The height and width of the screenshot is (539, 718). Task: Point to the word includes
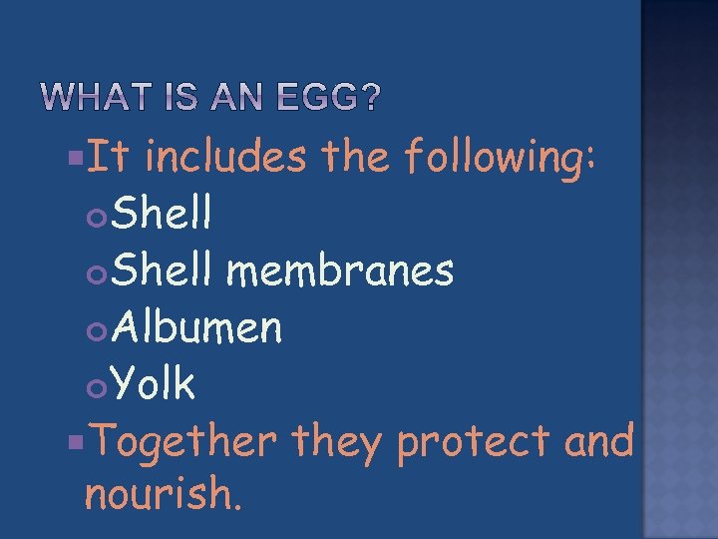tap(228, 157)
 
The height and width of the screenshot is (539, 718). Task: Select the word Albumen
tap(197, 326)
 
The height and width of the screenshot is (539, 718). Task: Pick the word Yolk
tap(154, 383)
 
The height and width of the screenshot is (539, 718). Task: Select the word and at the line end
tap(599, 441)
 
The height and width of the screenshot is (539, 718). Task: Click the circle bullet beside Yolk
tap(98, 385)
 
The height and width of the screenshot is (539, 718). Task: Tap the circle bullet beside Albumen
tap(98, 328)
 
